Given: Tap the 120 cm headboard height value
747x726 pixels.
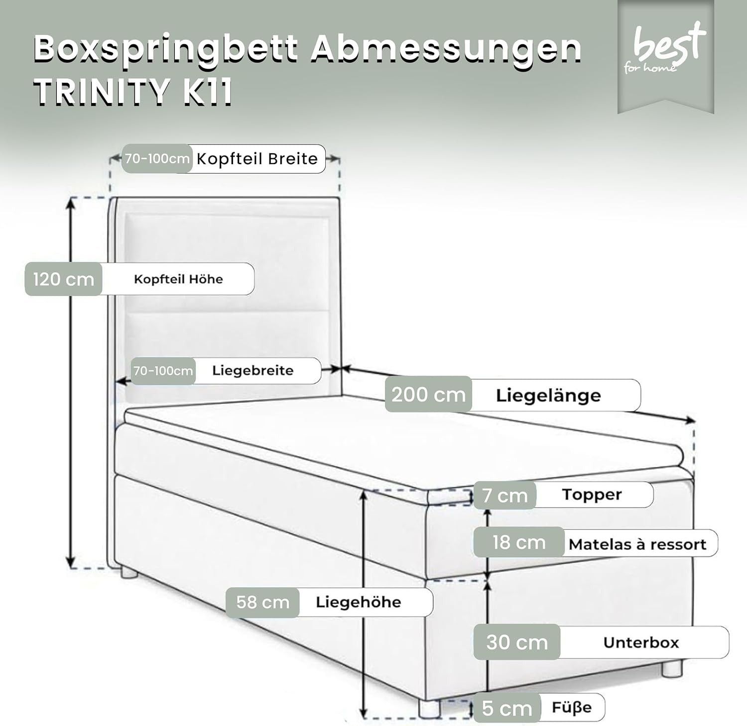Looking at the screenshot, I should (x=63, y=279).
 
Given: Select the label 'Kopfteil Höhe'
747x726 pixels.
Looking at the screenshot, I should (x=178, y=279).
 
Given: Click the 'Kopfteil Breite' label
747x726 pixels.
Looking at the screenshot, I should (x=257, y=159).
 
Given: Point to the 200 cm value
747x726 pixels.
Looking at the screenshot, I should (x=428, y=395).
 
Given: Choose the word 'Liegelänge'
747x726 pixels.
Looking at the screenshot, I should (x=548, y=396).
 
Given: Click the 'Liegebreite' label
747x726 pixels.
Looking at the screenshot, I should (x=252, y=371).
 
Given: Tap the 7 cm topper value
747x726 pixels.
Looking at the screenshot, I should (x=504, y=496).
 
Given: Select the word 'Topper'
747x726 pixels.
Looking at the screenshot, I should (x=592, y=495).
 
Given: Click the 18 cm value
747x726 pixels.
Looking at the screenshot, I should (x=519, y=542).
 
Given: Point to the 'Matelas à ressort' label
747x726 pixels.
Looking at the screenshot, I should (x=637, y=544).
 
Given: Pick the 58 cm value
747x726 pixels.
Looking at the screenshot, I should (x=262, y=602).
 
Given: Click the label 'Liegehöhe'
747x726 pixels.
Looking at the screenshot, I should (x=358, y=602).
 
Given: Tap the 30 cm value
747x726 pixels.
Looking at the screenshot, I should (x=517, y=642).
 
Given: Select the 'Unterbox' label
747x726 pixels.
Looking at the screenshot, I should (x=641, y=642).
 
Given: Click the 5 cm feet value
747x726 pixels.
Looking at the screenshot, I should (x=506, y=708).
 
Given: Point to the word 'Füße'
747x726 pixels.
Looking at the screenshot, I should (x=572, y=707).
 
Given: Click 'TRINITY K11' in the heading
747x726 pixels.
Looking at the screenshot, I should (x=133, y=92).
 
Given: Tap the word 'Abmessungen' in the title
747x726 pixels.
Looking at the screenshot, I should (x=446, y=49).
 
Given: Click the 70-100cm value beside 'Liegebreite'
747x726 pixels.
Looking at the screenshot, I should (x=163, y=371).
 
